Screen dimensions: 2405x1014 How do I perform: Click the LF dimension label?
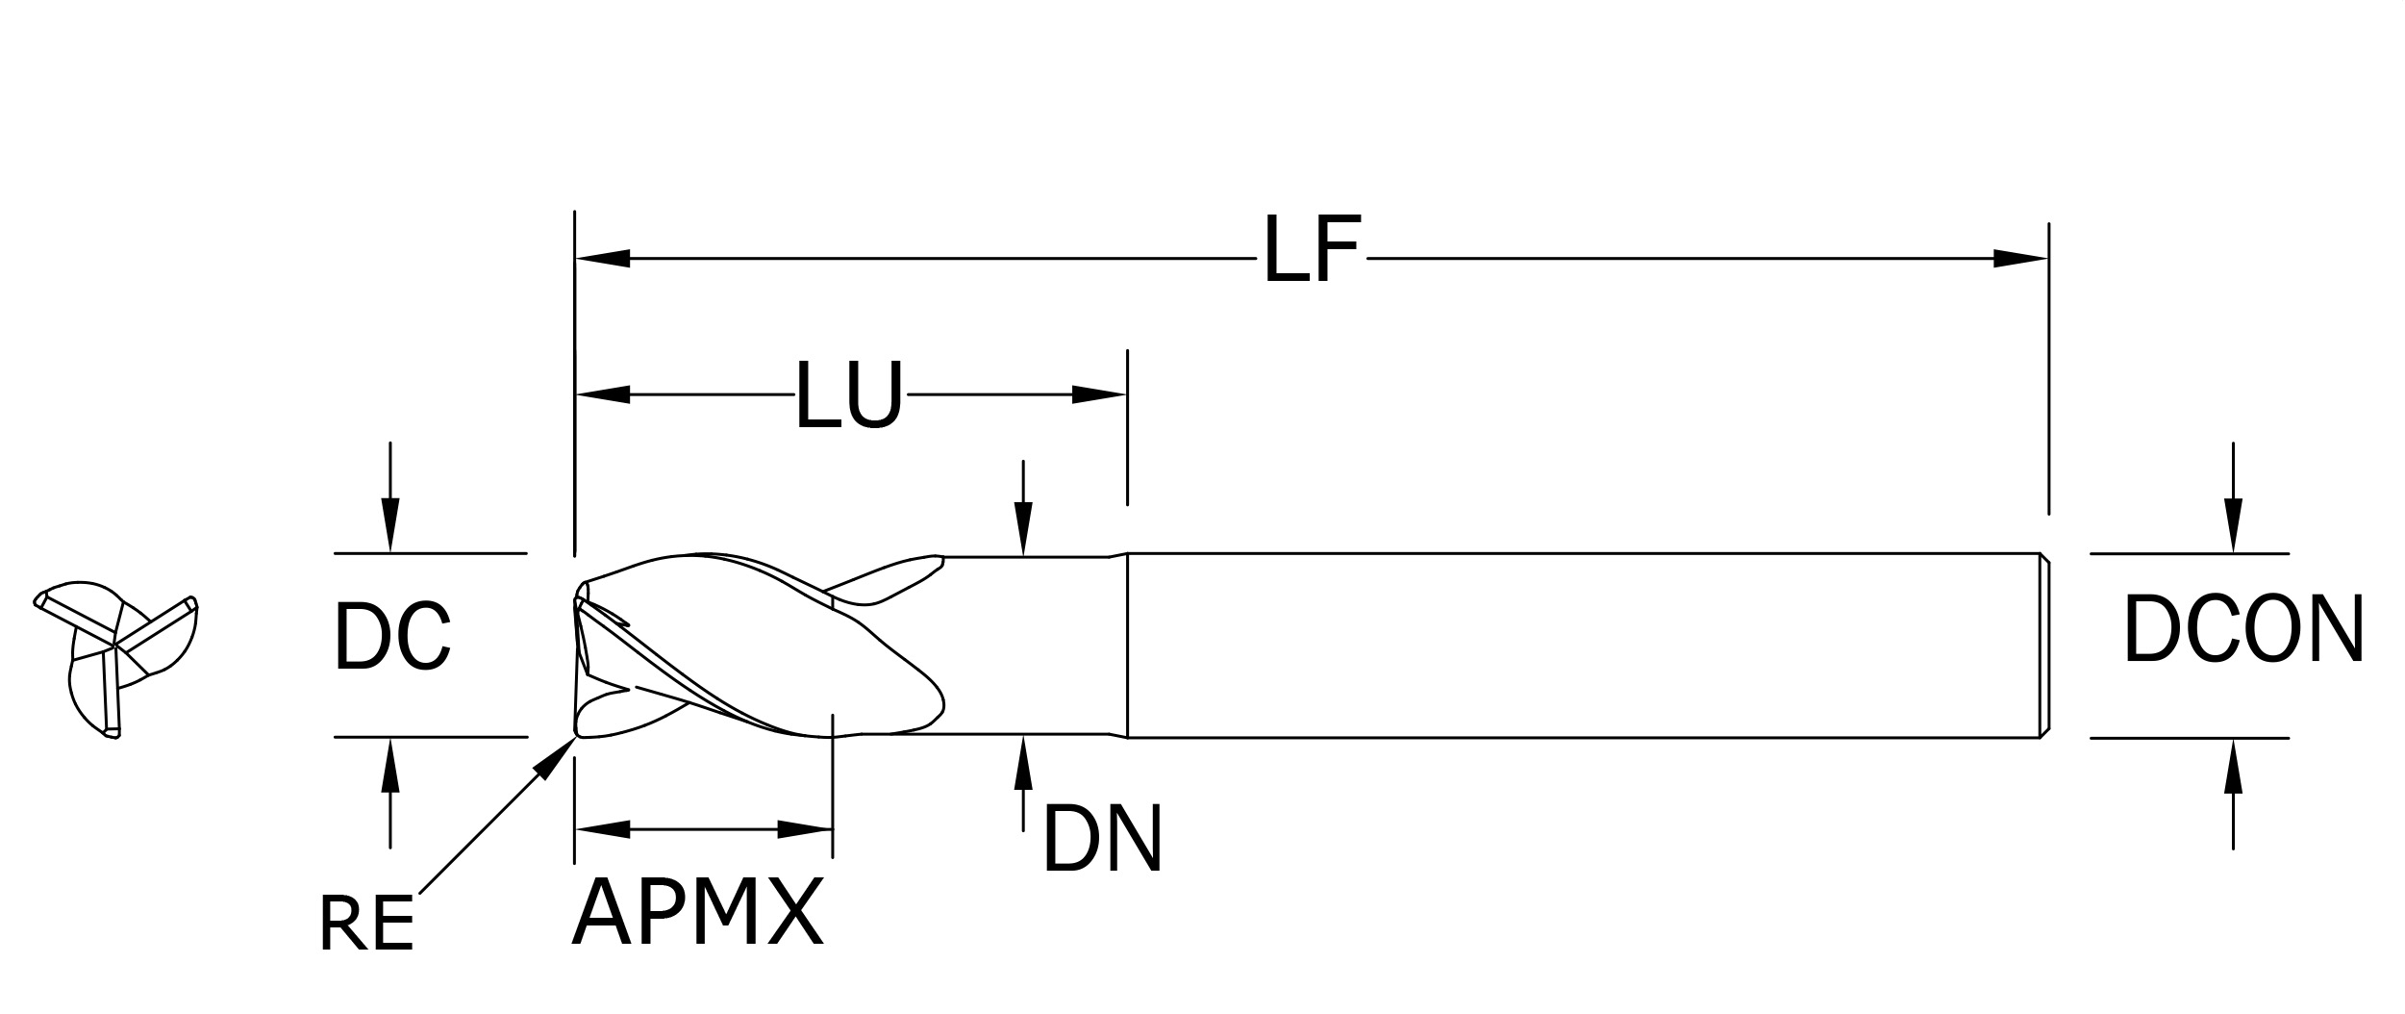pos(1312,249)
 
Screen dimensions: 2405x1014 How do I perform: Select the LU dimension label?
pos(849,394)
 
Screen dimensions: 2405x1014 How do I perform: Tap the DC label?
pos(392,635)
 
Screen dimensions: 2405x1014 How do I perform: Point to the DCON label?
pos(2242,627)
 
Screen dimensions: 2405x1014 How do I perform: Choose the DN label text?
pos(1102,839)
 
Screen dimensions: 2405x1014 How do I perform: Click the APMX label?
pos(697,911)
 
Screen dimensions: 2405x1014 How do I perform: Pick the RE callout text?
pos(366,924)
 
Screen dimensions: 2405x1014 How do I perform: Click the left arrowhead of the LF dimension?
pos(602,259)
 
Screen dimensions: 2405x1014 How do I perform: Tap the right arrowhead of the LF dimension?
pos(2020,258)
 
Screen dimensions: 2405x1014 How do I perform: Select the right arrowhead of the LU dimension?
pos(1099,394)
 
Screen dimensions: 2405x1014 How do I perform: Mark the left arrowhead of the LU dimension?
pos(602,394)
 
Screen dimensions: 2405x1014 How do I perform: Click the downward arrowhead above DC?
pos(389,525)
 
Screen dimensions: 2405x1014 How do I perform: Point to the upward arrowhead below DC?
pos(389,765)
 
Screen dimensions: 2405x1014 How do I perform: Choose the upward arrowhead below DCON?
pos(2233,767)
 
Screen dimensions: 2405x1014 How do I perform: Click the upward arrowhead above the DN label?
pos(1023,763)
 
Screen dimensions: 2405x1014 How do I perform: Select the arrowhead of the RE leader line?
pos(556,758)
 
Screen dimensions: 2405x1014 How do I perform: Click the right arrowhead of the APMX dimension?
pos(805,829)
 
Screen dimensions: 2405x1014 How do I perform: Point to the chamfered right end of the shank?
pos(2044,646)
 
